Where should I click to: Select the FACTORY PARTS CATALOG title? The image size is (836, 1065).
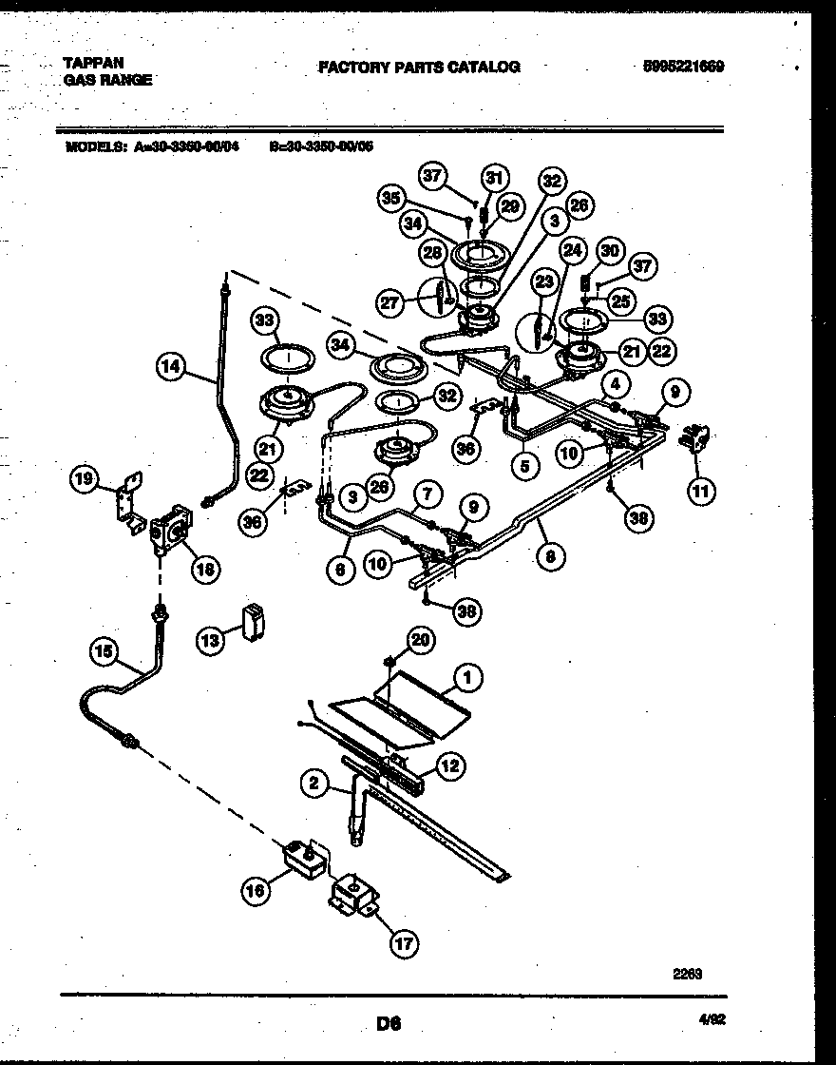(418, 67)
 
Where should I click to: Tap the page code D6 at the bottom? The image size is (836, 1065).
(389, 1024)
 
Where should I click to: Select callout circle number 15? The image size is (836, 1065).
(105, 651)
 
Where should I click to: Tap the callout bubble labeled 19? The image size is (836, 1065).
(85, 480)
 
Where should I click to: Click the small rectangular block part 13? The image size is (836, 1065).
(253, 623)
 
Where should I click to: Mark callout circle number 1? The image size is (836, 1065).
(466, 677)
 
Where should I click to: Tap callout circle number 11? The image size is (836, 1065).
(700, 492)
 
